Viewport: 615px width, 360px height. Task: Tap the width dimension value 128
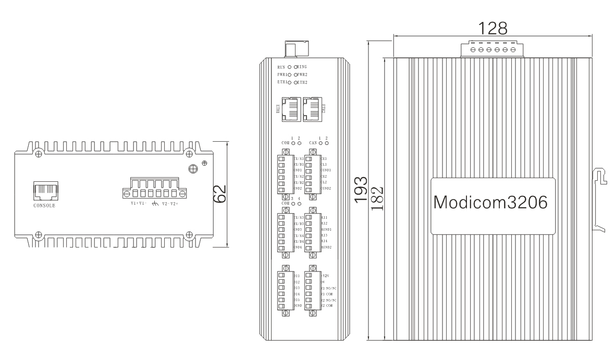493,27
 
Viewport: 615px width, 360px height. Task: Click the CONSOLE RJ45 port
45,191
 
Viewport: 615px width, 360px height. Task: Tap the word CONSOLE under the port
44,205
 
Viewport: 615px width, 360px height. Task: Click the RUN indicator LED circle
289,67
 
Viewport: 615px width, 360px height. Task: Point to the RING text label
303,67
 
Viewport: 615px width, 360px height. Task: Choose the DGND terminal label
299,306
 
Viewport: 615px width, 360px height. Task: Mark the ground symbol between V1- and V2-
154,204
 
